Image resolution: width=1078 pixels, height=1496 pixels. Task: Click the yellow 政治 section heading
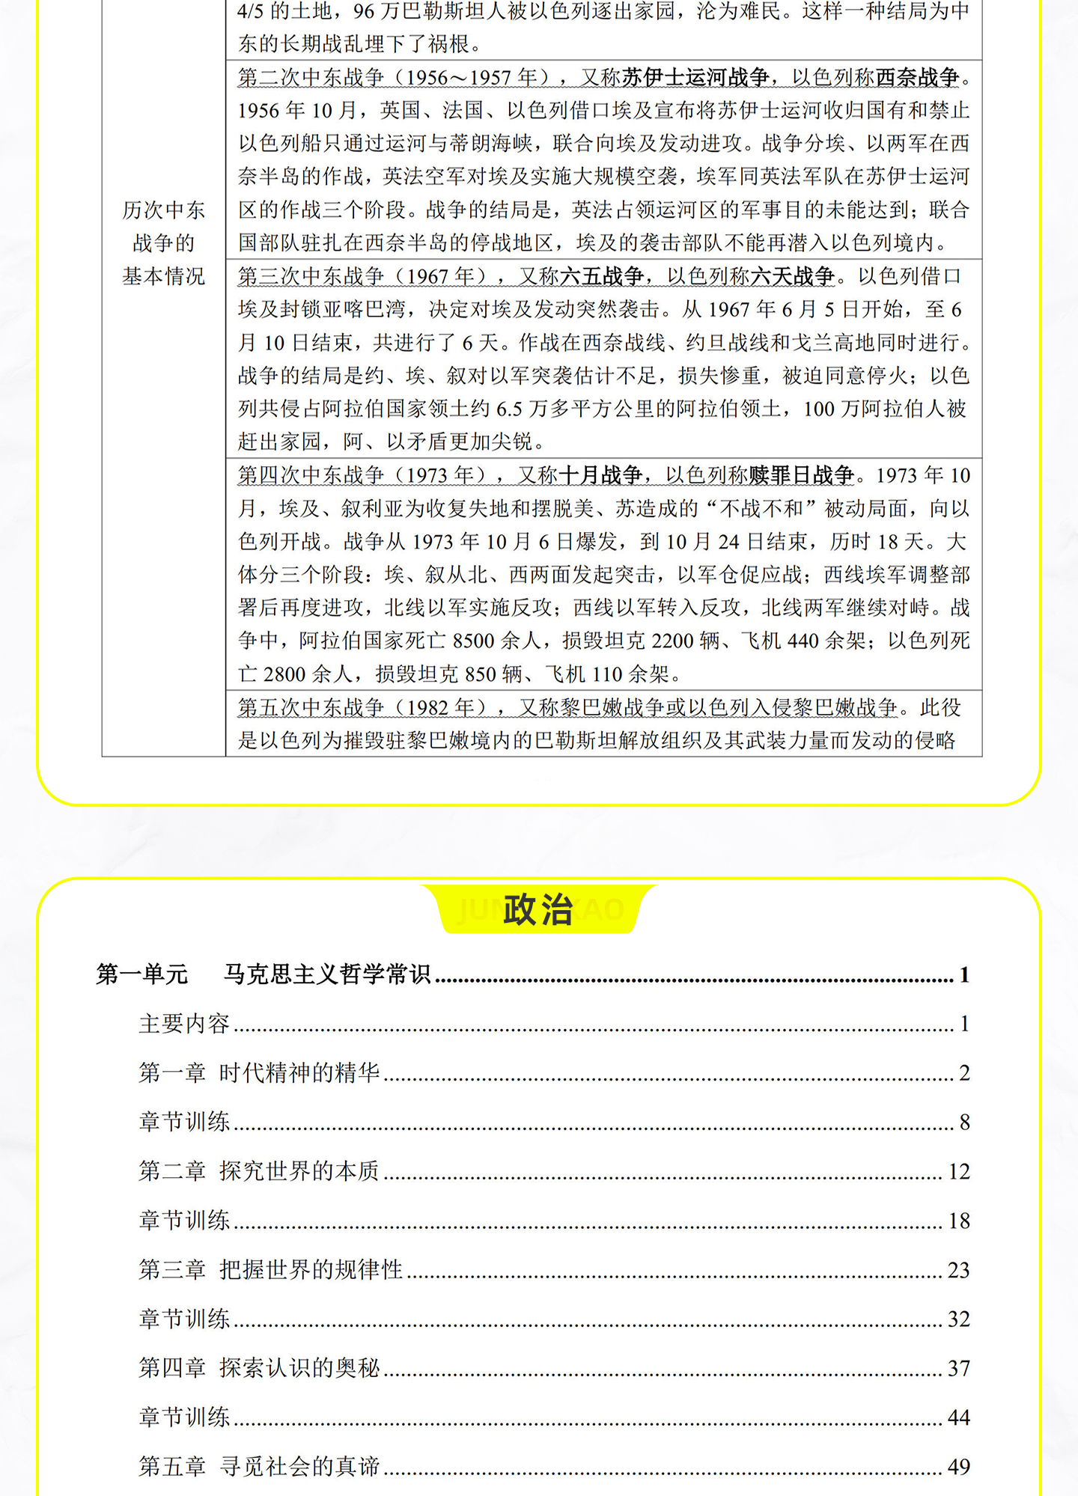pos(538,909)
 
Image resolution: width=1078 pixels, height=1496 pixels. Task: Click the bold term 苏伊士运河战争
pos(695,77)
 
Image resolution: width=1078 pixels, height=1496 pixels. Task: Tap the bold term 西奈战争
pos(917,77)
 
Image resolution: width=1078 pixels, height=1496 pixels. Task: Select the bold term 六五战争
pos(601,276)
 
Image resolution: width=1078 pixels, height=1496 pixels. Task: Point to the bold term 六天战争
pos(792,276)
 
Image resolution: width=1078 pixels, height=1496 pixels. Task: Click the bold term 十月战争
pos(600,475)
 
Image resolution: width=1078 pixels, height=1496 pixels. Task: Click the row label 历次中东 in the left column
pos(163,210)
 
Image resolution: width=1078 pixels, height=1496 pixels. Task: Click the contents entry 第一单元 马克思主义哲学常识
pos(264,974)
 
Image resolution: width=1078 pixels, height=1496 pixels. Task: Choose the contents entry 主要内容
pos(184,1023)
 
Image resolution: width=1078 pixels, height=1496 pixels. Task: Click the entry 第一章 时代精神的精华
pos(259,1072)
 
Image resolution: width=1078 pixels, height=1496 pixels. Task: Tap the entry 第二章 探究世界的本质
pos(259,1171)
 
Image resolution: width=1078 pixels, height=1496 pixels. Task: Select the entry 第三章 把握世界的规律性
pos(270,1269)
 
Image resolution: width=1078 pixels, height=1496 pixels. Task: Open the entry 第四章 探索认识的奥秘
pos(259,1368)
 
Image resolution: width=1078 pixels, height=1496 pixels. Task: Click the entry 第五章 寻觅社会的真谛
pos(259,1466)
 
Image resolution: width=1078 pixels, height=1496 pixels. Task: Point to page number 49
pos(958,1467)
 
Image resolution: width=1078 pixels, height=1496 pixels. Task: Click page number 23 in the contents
pos(958,1270)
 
